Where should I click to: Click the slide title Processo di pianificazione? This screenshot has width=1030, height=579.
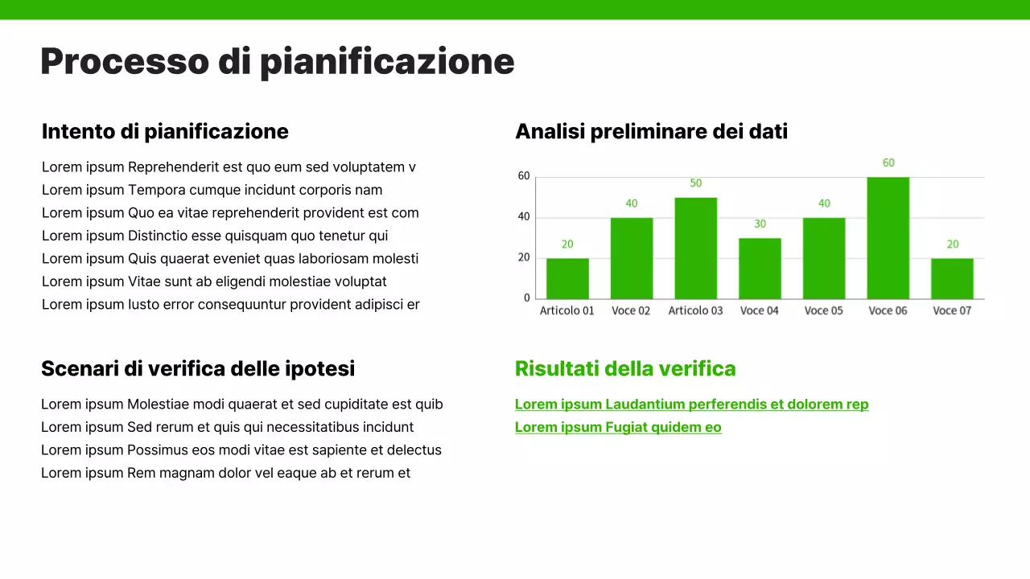pos(277,62)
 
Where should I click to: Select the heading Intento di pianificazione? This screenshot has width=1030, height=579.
pos(165,131)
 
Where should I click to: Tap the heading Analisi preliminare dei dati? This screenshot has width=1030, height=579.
pos(651,131)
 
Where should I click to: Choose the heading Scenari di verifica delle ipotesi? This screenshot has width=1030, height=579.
pos(198,368)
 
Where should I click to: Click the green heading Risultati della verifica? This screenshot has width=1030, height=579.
pos(625,368)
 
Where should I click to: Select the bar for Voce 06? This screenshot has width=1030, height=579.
pos(888,238)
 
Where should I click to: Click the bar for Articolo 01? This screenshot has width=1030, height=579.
pos(567,278)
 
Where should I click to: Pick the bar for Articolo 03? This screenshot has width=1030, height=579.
pos(695,248)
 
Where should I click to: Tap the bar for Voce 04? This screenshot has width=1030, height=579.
pos(760,269)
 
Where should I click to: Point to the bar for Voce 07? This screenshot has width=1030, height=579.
pos(952,278)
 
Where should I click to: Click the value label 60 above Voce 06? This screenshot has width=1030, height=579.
pos(888,162)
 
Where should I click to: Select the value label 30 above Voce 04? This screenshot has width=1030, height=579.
pos(760,224)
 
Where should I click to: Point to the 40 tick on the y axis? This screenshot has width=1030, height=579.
pos(524,216)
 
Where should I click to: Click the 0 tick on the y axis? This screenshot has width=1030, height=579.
pos(527,298)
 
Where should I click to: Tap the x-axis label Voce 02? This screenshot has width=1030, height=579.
pos(631,310)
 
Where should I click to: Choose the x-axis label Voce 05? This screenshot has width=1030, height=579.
pos(823,310)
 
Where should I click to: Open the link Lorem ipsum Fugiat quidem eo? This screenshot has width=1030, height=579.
pos(618,427)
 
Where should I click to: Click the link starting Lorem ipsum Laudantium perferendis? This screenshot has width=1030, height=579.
pos(691,404)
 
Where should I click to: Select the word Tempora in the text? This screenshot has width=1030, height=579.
pos(157,190)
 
